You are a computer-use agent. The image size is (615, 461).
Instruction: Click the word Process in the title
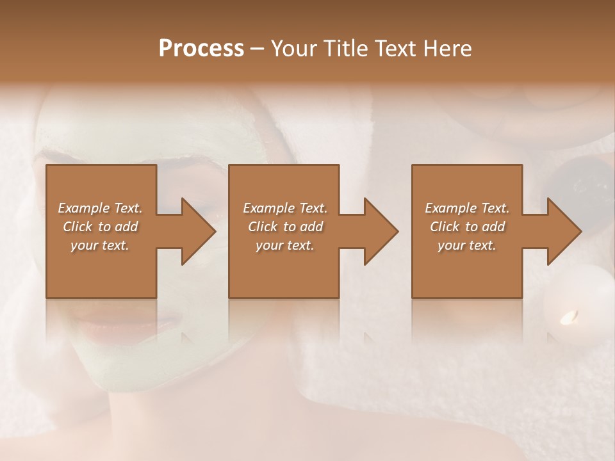pyautogui.click(x=201, y=49)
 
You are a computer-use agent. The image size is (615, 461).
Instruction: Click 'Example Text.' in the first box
pyautogui.click(x=100, y=208)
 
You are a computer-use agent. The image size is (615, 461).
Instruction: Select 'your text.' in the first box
pyautogui.click(x=100, y=245)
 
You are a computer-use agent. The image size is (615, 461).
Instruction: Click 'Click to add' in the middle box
pyautogui.click(x=285, y=227)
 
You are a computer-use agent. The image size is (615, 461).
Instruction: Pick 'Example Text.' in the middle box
pyautogui.click(x=285, y=208)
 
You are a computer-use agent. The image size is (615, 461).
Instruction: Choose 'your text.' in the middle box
pyautogui.click(x=285, y=245)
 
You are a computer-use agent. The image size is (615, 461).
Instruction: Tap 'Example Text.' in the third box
pyautogui.click(x=467, y=208)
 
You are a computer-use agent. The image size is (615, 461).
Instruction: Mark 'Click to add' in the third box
pyautogui.click(x=467, y=227)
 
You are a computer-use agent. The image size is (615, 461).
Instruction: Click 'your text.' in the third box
pyautogui.click(x=467, y=245)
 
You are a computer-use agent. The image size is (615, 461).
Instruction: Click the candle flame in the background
pyautogui.click(x=568, y=316)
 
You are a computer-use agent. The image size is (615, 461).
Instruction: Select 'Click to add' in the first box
pyautogui.click(x=100, y=227)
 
